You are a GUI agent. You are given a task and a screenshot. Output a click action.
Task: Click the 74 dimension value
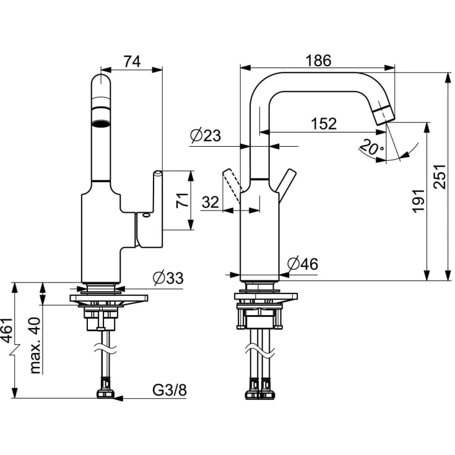click(x=132, y=61)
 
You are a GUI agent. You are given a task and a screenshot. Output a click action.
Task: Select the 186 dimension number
click(x=318, y=61)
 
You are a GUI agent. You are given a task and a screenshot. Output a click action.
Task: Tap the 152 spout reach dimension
click(x=324, y=124)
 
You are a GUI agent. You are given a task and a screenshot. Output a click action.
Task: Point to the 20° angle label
click(x=371, y=149)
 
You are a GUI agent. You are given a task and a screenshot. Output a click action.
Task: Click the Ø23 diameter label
click(x=206, y=136)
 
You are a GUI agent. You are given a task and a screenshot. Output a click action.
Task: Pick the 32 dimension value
click(x=210, y=202)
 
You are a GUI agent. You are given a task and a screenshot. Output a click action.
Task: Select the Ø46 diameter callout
click(x=303, y=264)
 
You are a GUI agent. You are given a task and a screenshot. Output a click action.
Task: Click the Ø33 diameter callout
click(x=168, y=278)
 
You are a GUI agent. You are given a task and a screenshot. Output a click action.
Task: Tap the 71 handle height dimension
click(x=183, y=201)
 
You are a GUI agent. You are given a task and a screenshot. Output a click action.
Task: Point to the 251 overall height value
click(x=440, y=176)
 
